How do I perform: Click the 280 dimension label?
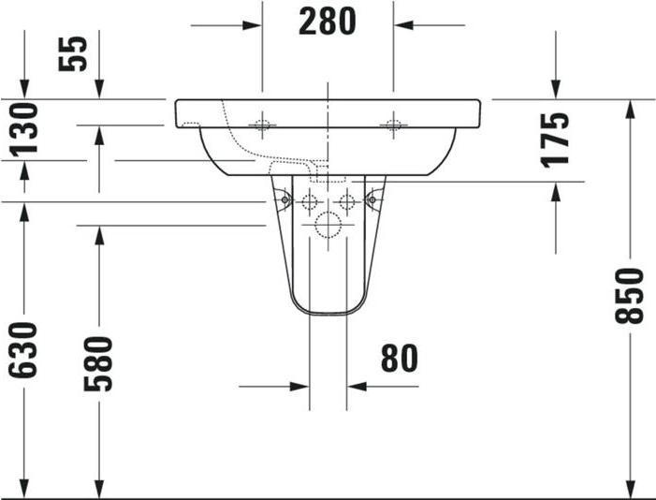(328, 22)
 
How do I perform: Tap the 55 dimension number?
(74, 52)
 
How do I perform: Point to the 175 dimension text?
(556, 139)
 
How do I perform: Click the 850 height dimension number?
(630, 296)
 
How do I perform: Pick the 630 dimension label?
(23, 350)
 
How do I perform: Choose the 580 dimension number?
(99, 363)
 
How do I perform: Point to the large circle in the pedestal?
(328, 225)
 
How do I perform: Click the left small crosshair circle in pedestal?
(308, 200)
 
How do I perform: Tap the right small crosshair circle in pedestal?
(347, 200)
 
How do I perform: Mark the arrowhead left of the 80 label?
(298, 385)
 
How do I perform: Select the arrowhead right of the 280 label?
(404, 23)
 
